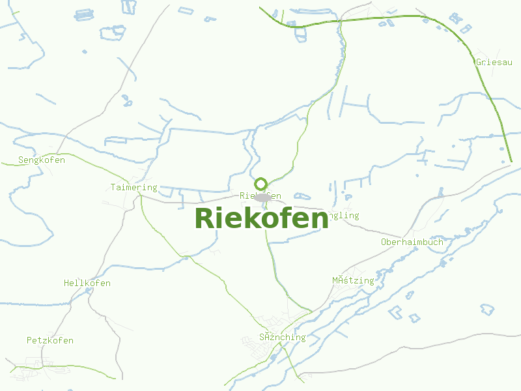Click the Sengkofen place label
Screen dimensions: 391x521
tap(42, 160)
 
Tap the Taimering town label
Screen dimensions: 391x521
tap(134, 188)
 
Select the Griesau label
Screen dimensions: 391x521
tap(495, 63)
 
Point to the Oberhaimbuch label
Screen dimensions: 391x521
tap(412, 242)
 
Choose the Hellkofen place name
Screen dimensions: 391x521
tap(87, 283)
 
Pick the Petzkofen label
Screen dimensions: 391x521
tap(50, 341)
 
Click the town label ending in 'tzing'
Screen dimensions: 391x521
tap(353, 281)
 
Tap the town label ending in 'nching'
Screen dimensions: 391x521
tap(282, 338)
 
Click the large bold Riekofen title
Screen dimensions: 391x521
tap(261, 218)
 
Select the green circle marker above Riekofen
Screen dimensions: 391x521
tap(261, 184)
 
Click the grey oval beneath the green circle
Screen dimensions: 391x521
tap(262, 197)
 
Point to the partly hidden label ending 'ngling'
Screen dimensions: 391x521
tap(345, 216)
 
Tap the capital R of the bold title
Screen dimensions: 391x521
tap(204, 218)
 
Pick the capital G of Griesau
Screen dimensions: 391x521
tap(479, 63)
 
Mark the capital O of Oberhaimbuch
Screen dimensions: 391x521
tap(384, 242)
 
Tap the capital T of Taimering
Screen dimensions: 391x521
tap(113, 188)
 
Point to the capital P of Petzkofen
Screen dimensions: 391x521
tap(29, 341)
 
